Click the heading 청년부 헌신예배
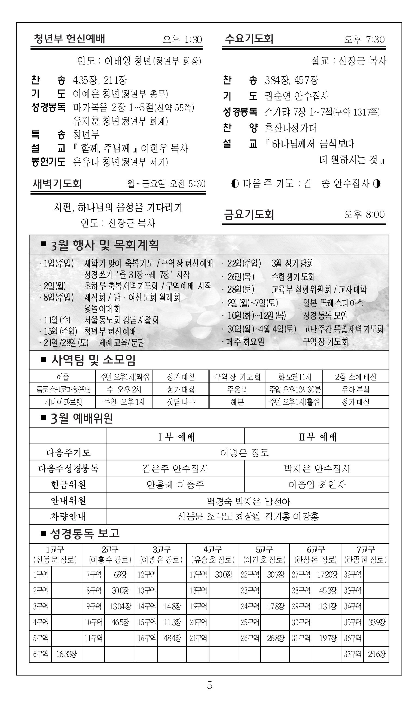click(69, 39)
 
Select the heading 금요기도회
click(249, 214)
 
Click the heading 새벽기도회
click(57, 184)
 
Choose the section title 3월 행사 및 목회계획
click(105, 245)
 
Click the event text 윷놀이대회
click(102, 309)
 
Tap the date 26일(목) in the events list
click(241, 277)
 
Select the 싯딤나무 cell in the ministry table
click(181, 402)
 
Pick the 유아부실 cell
click(355, 389)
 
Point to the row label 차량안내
click(68, 516)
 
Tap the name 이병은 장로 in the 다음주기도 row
click(245, 453)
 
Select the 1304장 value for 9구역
click(120, 606)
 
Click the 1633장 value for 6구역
click(66, 654)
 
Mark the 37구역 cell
click(353, 654)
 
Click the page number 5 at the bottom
click(210, 685)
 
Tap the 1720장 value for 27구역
click(327, 575)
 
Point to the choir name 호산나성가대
click(291, 128)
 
